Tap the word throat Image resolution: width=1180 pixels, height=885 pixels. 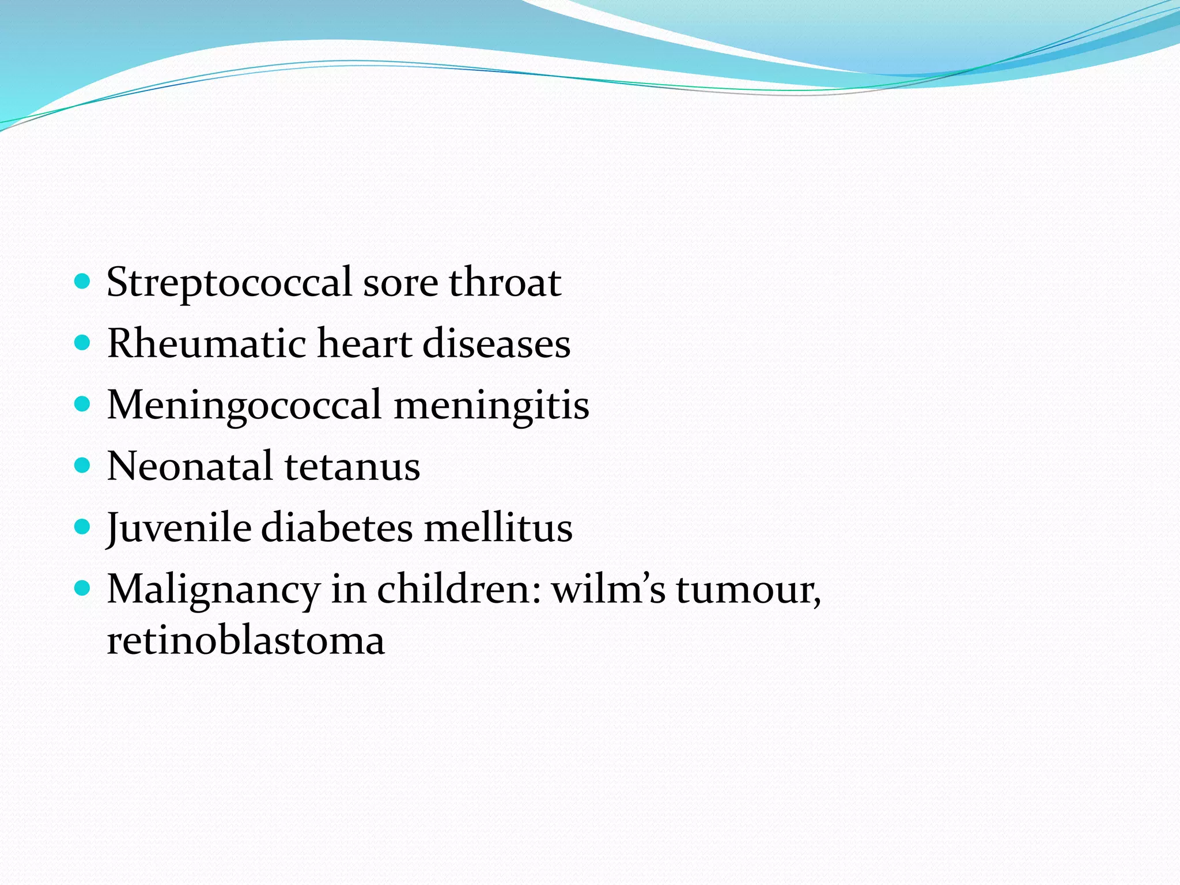(505, 282)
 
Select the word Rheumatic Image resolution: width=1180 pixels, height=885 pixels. (207, 343)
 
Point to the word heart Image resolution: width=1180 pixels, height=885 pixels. (364, 343)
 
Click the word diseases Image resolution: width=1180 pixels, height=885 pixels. (497, 343)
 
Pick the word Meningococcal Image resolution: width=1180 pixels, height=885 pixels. (244, 406)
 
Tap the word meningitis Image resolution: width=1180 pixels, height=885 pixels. (491, 406)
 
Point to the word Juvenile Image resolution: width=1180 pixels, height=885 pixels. (179, 528)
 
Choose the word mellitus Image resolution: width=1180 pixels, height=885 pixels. (498, 528)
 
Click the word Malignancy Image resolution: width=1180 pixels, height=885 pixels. (214, 590)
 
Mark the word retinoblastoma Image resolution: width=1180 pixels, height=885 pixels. (246, 640)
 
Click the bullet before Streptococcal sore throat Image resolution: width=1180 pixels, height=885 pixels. (83, 282)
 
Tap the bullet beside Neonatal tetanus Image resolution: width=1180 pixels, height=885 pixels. (83, 465)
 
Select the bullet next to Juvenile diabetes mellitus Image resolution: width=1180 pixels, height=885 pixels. (83, 527)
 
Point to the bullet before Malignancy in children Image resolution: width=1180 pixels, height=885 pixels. (83, 588)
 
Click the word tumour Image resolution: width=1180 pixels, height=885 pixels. (748, 590)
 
